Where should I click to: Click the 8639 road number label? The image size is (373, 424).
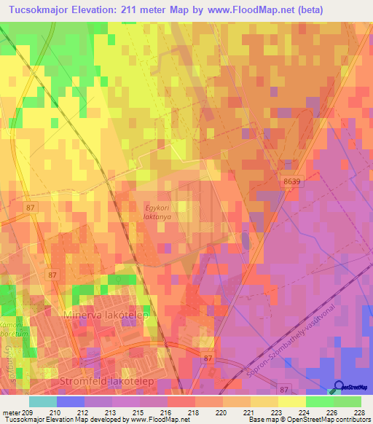tap(291, 181)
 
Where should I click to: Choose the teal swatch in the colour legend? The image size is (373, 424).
tap(43, 401)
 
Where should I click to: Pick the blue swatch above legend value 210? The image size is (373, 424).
tap(71, 401)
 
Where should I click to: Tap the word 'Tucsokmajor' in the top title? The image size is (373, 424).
tap(37, 9)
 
